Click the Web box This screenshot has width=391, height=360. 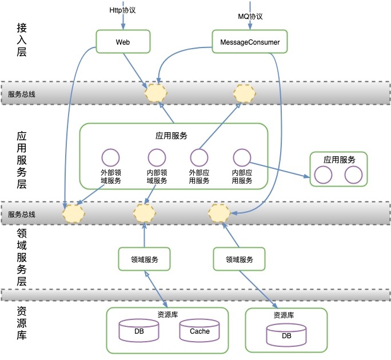click(123, 42)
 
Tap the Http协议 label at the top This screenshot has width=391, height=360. click(123, 11)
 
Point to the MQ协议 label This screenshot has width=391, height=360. click(250, 16)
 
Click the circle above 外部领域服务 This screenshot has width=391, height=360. click(110, 158)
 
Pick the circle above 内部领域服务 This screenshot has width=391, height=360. click(157, 158)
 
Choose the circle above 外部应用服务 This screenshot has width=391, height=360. click(199, 158)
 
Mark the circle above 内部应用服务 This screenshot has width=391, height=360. click(242, 158)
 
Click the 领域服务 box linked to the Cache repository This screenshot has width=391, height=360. click(145, 259)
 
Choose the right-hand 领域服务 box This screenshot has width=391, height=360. click(240, 259)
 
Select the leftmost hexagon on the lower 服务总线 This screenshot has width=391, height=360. click(73, 213)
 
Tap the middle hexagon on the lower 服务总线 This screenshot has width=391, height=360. click(143, 213)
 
